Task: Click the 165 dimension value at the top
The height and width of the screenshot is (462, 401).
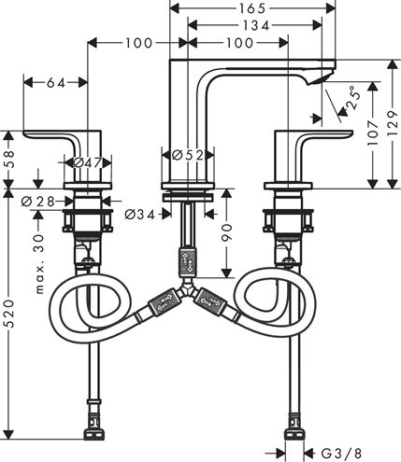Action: [252, 8]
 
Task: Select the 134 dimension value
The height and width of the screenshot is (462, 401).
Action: [256, 25]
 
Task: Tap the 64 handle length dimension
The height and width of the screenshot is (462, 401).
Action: [56, 83]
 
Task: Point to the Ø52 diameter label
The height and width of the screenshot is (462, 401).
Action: [188, 155]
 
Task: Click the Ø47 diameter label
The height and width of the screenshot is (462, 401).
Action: [88, 162]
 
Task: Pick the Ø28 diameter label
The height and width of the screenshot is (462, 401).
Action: [37, 202]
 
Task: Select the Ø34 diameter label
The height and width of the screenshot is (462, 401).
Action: [139, 214]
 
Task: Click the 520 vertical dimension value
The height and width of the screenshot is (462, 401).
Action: [10, 314]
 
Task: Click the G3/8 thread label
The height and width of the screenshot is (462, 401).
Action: [341, 454]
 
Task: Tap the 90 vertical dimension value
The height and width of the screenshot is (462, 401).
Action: [228, 232]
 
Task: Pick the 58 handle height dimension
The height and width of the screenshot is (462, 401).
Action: [10, 159]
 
